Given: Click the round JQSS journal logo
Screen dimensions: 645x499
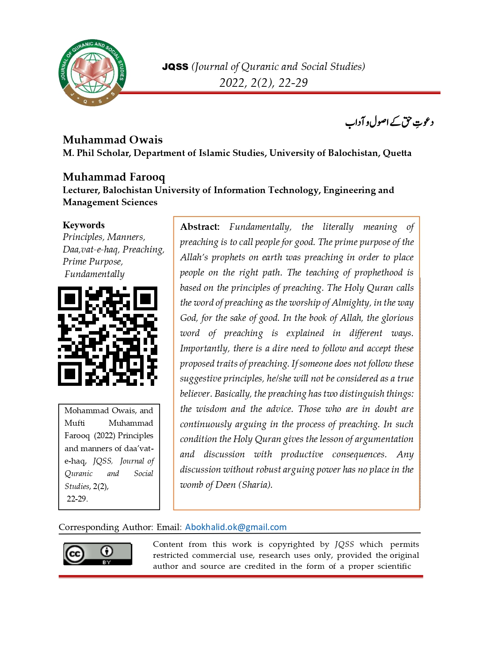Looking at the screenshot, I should pyautogui.click(x=92, y=73).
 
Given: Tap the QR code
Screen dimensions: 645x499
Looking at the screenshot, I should pyautogui.click(x=108, y=336).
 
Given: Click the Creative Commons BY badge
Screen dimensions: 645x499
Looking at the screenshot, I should pyautogui.click(x=97, y=554).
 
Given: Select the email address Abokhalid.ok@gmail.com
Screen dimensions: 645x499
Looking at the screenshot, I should pyautogui.click(x=236, y=527).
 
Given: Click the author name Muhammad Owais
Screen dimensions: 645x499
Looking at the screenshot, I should pyautogui.click(x=113, y=140).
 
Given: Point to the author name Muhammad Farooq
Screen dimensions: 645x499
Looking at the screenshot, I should pyautogui.click(x=114, y=177).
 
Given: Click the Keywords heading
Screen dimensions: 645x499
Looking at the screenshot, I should pyautogui.click(x=84, y=225).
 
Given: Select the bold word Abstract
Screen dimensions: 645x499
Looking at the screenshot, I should pyautogui.click(x=200, y=227).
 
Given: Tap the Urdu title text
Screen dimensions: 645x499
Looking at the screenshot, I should pyautogui.click(x=389, y=122).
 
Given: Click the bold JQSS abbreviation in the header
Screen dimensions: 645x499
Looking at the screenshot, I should pyautogui.click(x=175, y=67).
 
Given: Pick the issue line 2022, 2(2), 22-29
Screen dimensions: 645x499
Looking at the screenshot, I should pyautogui.click(x=263, y=83).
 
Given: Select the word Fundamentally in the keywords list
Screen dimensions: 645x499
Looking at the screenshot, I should pyautogui.click(x=94, y=274).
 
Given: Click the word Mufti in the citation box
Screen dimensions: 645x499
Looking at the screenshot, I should pyautogui.click(x=75, y=423).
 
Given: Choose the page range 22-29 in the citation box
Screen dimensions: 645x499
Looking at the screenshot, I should pyautogui.click(x=77, y=499).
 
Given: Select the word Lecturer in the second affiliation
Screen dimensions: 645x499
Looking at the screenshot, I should pyautogui.click(x=81, y=190).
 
